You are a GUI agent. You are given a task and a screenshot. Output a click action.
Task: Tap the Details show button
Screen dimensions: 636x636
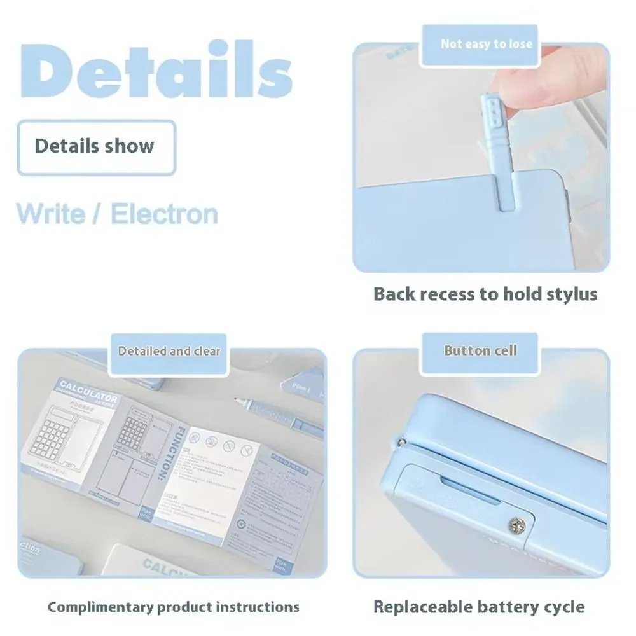tap(95, 146)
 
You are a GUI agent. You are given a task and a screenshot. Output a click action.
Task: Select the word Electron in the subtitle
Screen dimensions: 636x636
tap(164, 213)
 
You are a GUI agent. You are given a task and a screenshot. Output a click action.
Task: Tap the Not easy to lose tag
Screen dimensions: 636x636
tap(487, 44)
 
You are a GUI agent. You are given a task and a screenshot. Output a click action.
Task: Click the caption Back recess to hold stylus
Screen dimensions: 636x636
tap(485, 294)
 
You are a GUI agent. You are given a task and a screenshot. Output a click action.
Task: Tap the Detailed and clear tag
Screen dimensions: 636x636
tap(169, 350)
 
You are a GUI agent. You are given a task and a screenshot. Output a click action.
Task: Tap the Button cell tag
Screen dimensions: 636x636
tap(480, 350)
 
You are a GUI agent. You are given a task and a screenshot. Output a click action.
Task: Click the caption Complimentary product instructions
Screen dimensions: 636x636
tap(173, 606)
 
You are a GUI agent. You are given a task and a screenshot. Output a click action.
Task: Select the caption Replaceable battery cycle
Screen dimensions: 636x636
tap(478, 606)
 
